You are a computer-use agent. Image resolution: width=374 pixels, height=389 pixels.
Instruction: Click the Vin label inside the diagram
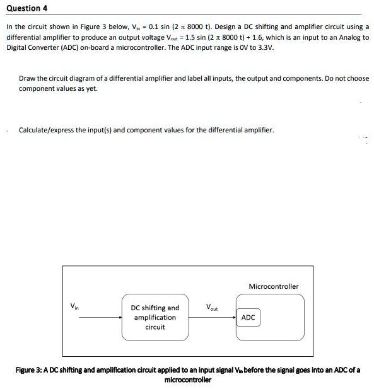(75, 308)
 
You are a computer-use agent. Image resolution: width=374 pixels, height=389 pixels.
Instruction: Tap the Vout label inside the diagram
(211, 308)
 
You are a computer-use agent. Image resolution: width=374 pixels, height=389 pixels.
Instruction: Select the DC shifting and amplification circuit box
(155, 317)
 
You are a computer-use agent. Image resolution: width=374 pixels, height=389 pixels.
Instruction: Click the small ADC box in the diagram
(248, 317)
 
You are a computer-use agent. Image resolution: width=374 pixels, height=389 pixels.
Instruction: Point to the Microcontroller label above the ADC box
(274, 286)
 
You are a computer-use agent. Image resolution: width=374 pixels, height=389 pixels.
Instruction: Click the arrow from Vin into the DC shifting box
(95, 317)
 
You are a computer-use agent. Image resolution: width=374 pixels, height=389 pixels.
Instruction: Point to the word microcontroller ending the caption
(187, 380)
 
